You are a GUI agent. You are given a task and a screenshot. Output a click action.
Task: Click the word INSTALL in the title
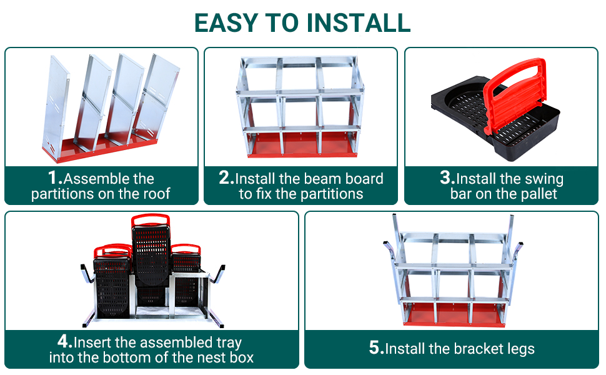click(x=358, y=22)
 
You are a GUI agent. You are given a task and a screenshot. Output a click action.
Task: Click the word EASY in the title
click(x=226, y=22)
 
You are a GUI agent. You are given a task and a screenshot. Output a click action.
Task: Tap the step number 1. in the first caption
click(x=55, y=178)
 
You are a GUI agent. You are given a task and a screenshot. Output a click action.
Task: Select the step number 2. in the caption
click(x=227, y=178)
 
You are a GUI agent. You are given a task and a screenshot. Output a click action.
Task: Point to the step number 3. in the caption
click(x=447, y=178)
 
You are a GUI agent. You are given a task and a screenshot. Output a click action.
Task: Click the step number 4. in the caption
click(x=65, y=341)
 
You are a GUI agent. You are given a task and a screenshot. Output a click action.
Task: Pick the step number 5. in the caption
click(x=377, y=347)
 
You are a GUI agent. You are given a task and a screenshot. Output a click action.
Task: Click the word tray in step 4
click(x=229, y=343)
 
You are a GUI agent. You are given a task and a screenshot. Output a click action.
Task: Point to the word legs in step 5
click(x=520, y=349)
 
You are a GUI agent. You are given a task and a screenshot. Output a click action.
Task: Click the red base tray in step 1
click(x=101, y=148)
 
